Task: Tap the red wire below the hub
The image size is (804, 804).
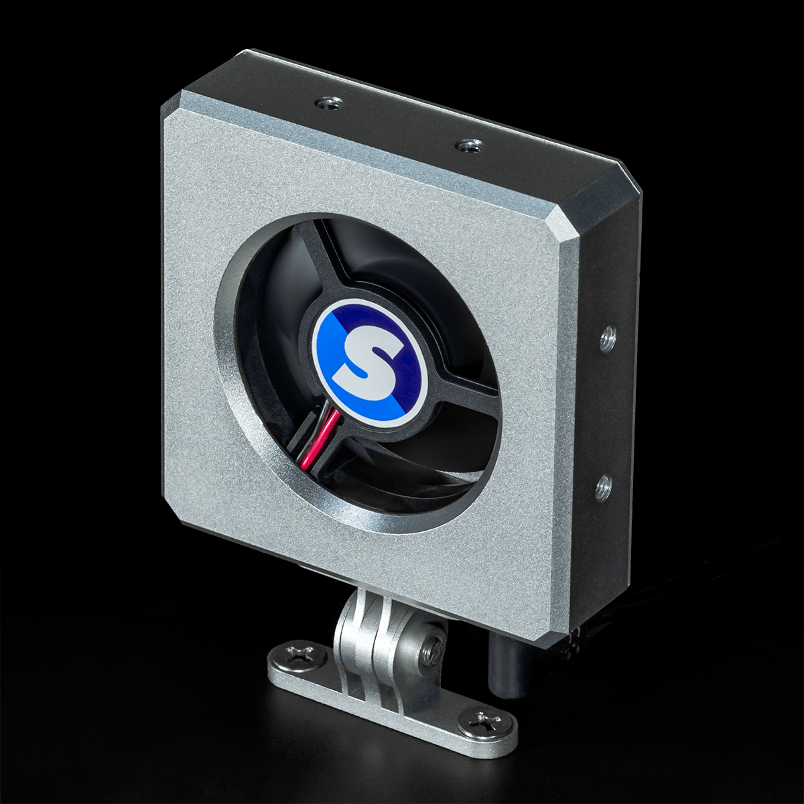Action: (x=320, y=439)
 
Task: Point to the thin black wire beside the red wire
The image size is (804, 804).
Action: (x=310, y=435)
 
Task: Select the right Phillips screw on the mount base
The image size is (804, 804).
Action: (x=481, y=722)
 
